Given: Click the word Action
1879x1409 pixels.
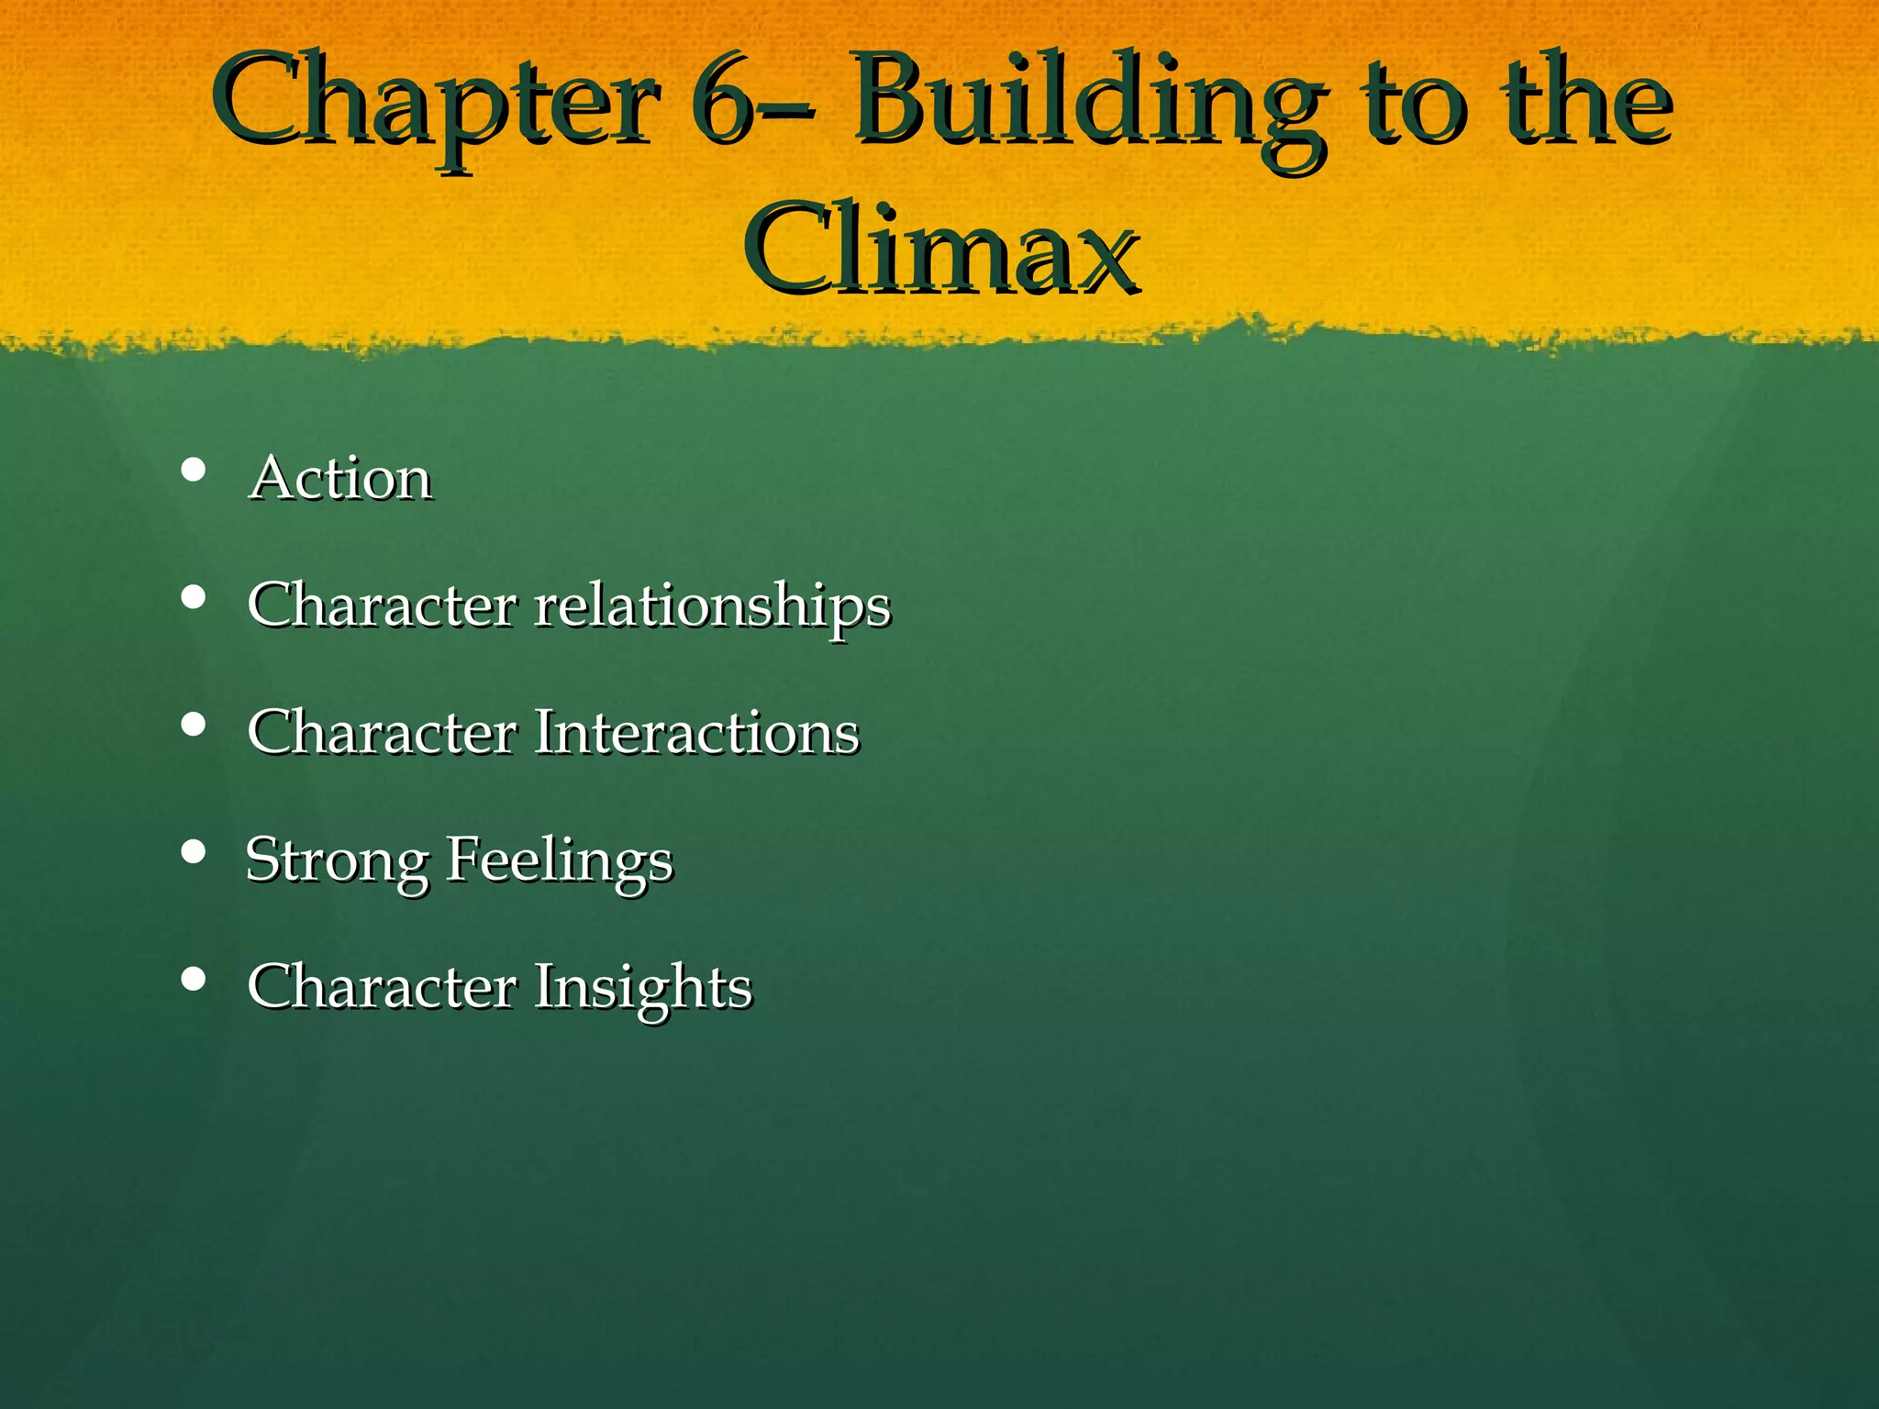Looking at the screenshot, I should pos(340,478).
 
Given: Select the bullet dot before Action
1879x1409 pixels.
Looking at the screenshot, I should pos(193,471).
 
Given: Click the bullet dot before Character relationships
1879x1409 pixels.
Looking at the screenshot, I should pos(193,598).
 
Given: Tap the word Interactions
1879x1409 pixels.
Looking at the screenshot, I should pos(696,732).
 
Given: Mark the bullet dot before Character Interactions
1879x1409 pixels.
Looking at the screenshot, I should pos(193,726).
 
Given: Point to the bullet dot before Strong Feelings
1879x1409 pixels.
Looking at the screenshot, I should pos(193,852).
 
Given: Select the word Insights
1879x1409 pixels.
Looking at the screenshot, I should pos(643,988).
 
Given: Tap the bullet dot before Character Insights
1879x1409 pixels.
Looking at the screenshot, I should pos(193,979).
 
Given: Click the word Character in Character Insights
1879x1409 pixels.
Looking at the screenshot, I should pos(382,987).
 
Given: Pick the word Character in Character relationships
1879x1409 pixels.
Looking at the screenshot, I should pos(382,605).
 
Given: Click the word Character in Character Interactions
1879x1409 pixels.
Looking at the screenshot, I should pos(382,732).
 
